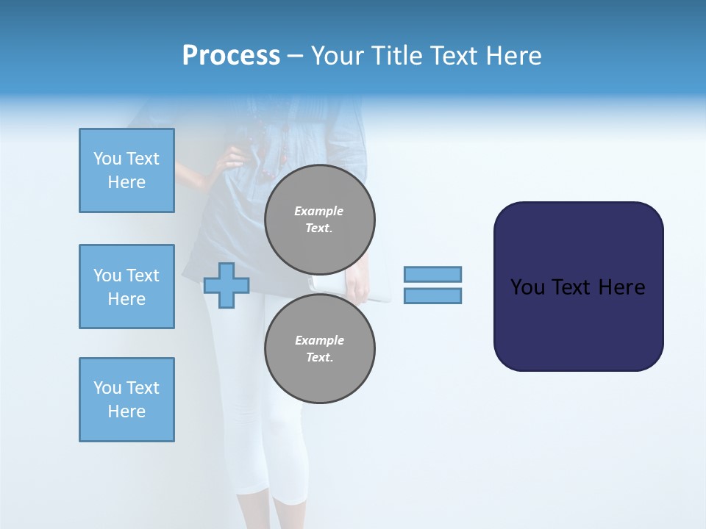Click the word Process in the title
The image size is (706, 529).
click(231, 56)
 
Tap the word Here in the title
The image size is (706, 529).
click(513, 56)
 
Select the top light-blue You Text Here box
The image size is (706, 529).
click(126, 170)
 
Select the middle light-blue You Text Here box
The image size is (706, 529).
click(126, 287)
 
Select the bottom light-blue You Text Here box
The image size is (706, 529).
click(126, 400)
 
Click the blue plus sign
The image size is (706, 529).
click(227, 285)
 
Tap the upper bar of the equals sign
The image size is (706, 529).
click(432, 274)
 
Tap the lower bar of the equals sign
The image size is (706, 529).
click(432, 295)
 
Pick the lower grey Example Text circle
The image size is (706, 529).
click(320, 348)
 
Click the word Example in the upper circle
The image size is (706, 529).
click(318, 211)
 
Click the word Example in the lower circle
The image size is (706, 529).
click(319, 340)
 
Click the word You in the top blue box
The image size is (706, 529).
click(107, 159)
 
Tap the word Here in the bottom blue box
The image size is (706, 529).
click(126, 411)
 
